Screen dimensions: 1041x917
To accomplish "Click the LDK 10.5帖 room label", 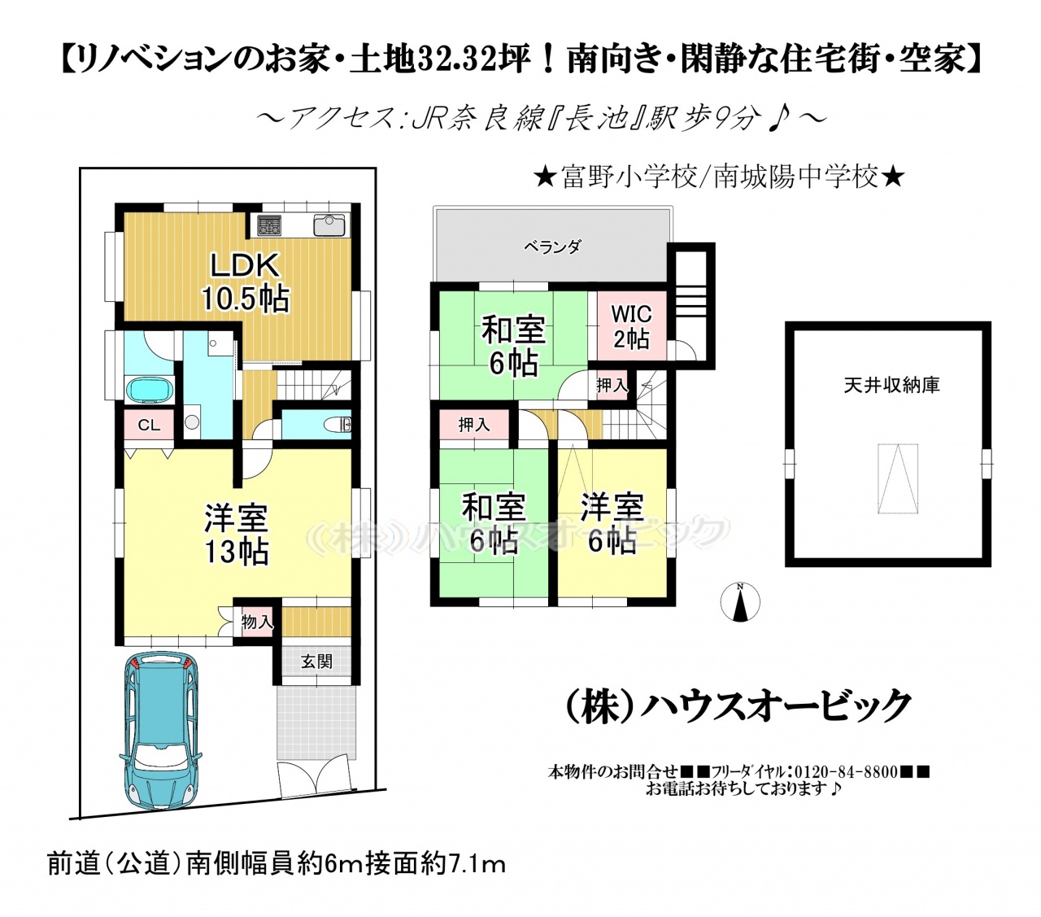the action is pos(246,282).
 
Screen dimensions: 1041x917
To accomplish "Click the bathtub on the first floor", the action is pos(150,389).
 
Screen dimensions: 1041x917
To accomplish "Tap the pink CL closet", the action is pos(149,425).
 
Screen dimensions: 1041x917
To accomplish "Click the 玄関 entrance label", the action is pos(316,662).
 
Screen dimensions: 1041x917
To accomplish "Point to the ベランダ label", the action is pos(552,247).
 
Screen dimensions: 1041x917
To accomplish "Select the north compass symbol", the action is pos(740,602).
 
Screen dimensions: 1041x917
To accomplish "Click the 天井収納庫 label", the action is pos(891,385).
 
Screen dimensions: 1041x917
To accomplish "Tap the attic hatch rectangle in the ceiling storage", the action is pos(897,478).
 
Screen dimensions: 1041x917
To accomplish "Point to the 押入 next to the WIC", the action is pos(612,385).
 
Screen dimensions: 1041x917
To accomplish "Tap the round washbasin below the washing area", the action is pos(192,422).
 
